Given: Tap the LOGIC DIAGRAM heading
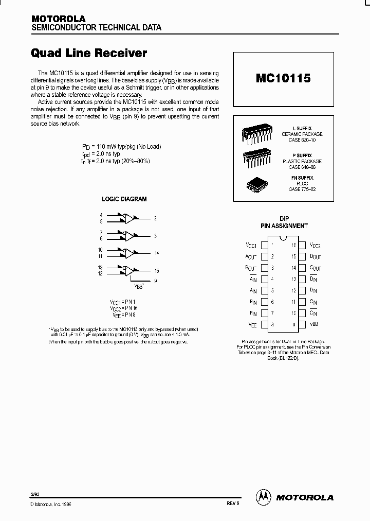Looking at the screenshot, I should coord(124,199).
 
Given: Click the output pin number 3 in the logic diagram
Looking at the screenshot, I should coord(155,236).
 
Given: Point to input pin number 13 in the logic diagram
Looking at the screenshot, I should coord(101,267).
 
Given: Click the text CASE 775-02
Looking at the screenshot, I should coord(302,189).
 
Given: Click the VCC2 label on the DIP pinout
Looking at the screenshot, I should coord(316,246).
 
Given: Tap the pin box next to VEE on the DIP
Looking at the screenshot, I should coord(265,324).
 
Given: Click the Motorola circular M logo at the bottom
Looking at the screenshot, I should coord(263,497).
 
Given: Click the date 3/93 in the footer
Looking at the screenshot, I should coord(35,494).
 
